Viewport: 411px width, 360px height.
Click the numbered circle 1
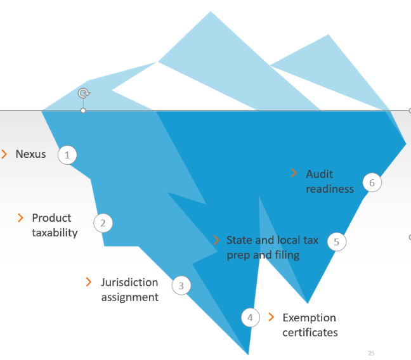pyautogui.click(x=67, y=155)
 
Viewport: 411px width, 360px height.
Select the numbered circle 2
pyautogui.click(x=103, y=222)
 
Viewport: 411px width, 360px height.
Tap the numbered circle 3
pyautogui.click(x=181, y=286)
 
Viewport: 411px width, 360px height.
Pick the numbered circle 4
pyautogui.click(x=251, y=318)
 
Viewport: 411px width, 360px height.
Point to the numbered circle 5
pyautogui.click(x=337, y=241)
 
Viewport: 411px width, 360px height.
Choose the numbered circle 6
pyautogui.click(x=372, y=183)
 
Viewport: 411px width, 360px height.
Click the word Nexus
pyautogui.click(x=30, y=154)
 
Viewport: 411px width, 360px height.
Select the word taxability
pyautogui.click(x=55, y=233)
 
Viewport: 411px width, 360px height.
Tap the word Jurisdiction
pyautogui.click(x=129, y=282)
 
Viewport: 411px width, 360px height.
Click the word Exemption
pyautogui.click(x=309, y=318)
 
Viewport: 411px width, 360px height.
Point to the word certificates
pyautogui.click(x=310, y=332)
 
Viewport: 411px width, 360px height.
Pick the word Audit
pyautogui.click(x=319, y=174)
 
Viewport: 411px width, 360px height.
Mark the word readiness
pyautogui.click(x=330, y=188)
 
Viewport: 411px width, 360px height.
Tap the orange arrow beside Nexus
pyautogui.click(x=4, y=154)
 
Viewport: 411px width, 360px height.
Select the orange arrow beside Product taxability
pyautogui.click(x=20, y=218)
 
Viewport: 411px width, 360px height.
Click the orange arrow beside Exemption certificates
pyautogui.click(x=271, y=317)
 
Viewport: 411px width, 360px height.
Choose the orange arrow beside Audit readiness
pyautogui.click(x=294, y=173)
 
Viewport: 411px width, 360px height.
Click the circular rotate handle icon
pyautogui.click(x=82, y=93)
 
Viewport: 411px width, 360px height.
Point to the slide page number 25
pyautogui.click(x=371, y=352)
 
